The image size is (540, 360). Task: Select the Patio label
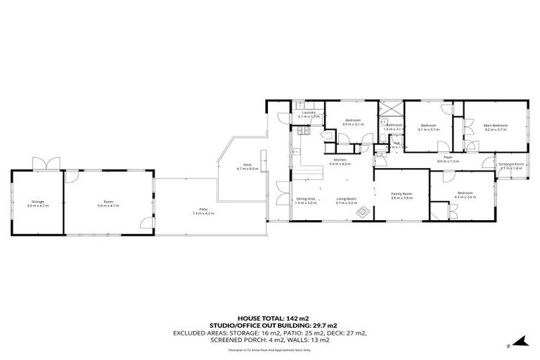202,210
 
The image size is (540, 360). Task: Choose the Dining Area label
304,200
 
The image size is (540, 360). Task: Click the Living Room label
345,200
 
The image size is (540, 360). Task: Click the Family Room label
401,195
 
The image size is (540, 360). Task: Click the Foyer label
447,158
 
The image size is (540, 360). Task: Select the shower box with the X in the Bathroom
388,109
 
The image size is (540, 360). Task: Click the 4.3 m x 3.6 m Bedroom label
465,195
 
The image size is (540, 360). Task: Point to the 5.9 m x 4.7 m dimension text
108,206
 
